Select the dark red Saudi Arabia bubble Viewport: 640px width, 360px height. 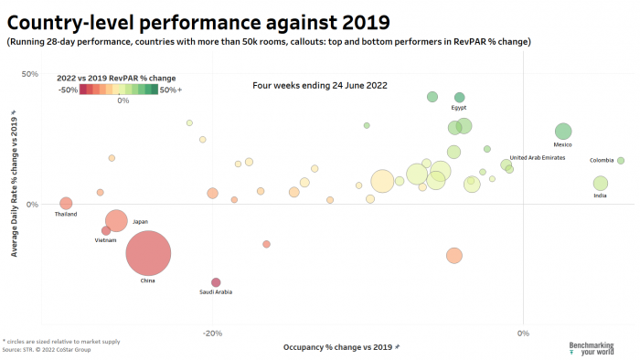(216, 282)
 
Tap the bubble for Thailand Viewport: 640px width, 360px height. (66, 204)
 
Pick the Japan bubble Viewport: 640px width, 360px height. (116, 220)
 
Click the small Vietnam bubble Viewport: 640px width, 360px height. (106, 231)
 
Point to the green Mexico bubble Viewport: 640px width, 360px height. (563, 132)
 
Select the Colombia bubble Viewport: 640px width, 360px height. (621, 161)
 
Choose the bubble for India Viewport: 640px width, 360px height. (600, 184)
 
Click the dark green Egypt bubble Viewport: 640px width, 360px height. (460, 97)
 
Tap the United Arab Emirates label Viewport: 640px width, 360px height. (537, 158)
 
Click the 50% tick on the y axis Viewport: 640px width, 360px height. (29, 74)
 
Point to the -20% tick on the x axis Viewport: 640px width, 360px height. (212, 333)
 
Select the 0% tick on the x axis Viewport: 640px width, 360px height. (523, 333)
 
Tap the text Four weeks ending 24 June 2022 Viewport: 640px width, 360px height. (320, 86)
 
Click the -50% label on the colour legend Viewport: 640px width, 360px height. (68, 90)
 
